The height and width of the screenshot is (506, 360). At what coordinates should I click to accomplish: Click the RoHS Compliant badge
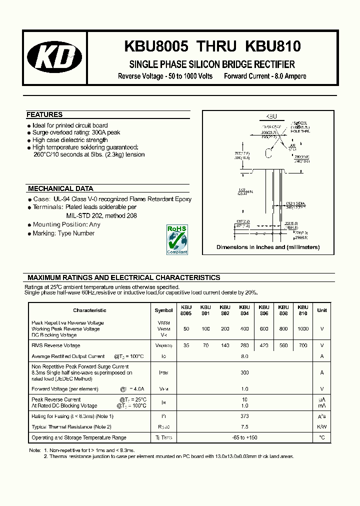pyautogui.click(x=177, y=240)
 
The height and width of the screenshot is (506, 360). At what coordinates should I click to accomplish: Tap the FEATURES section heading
pyautogui.click(x=44, y=114)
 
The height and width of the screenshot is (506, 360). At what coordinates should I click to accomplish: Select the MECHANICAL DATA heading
pyautogui.click(x=60, y=189)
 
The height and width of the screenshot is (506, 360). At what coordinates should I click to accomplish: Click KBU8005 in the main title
pyautogui.click(x=155, y=47)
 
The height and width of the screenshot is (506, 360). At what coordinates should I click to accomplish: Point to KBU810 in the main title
pyautogui.click(x=273, y=47)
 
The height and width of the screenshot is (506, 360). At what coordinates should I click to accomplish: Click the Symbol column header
pyautogui.click(x=163, y=310)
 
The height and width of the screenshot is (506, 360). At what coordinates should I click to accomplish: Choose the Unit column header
pyautogui.click(x=321, y=310)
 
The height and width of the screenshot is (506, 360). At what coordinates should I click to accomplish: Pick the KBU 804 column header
pyautogui.click(x=244, y=310)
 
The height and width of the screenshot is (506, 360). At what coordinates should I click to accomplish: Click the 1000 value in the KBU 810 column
pyautogui.click(x=303, y=329)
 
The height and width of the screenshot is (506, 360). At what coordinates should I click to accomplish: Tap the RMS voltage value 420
pyautogui.click(x=264, y=345)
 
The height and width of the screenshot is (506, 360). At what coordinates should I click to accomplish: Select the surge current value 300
pyautogui.click(x=244, y=372)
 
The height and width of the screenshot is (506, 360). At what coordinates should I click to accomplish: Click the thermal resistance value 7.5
pyautogui.click(x=244, y=427)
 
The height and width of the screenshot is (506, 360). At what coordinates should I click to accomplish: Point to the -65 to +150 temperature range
pyautogui.click(x=244, y=437)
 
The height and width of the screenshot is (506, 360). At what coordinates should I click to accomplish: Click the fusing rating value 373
pyautogui.click(x=244, y=416)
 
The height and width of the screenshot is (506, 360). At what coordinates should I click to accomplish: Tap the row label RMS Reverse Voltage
pyautogui.click(x=55, y=345)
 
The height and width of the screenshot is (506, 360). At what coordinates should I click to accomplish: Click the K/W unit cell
pyautogui.click(x=321, y=427)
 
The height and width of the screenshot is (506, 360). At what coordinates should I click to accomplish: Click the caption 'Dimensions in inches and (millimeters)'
pyautogui.click(x=268, y=247)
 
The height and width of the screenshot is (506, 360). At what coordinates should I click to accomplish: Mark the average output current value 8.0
pyautogui.click(x=244, y=356)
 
